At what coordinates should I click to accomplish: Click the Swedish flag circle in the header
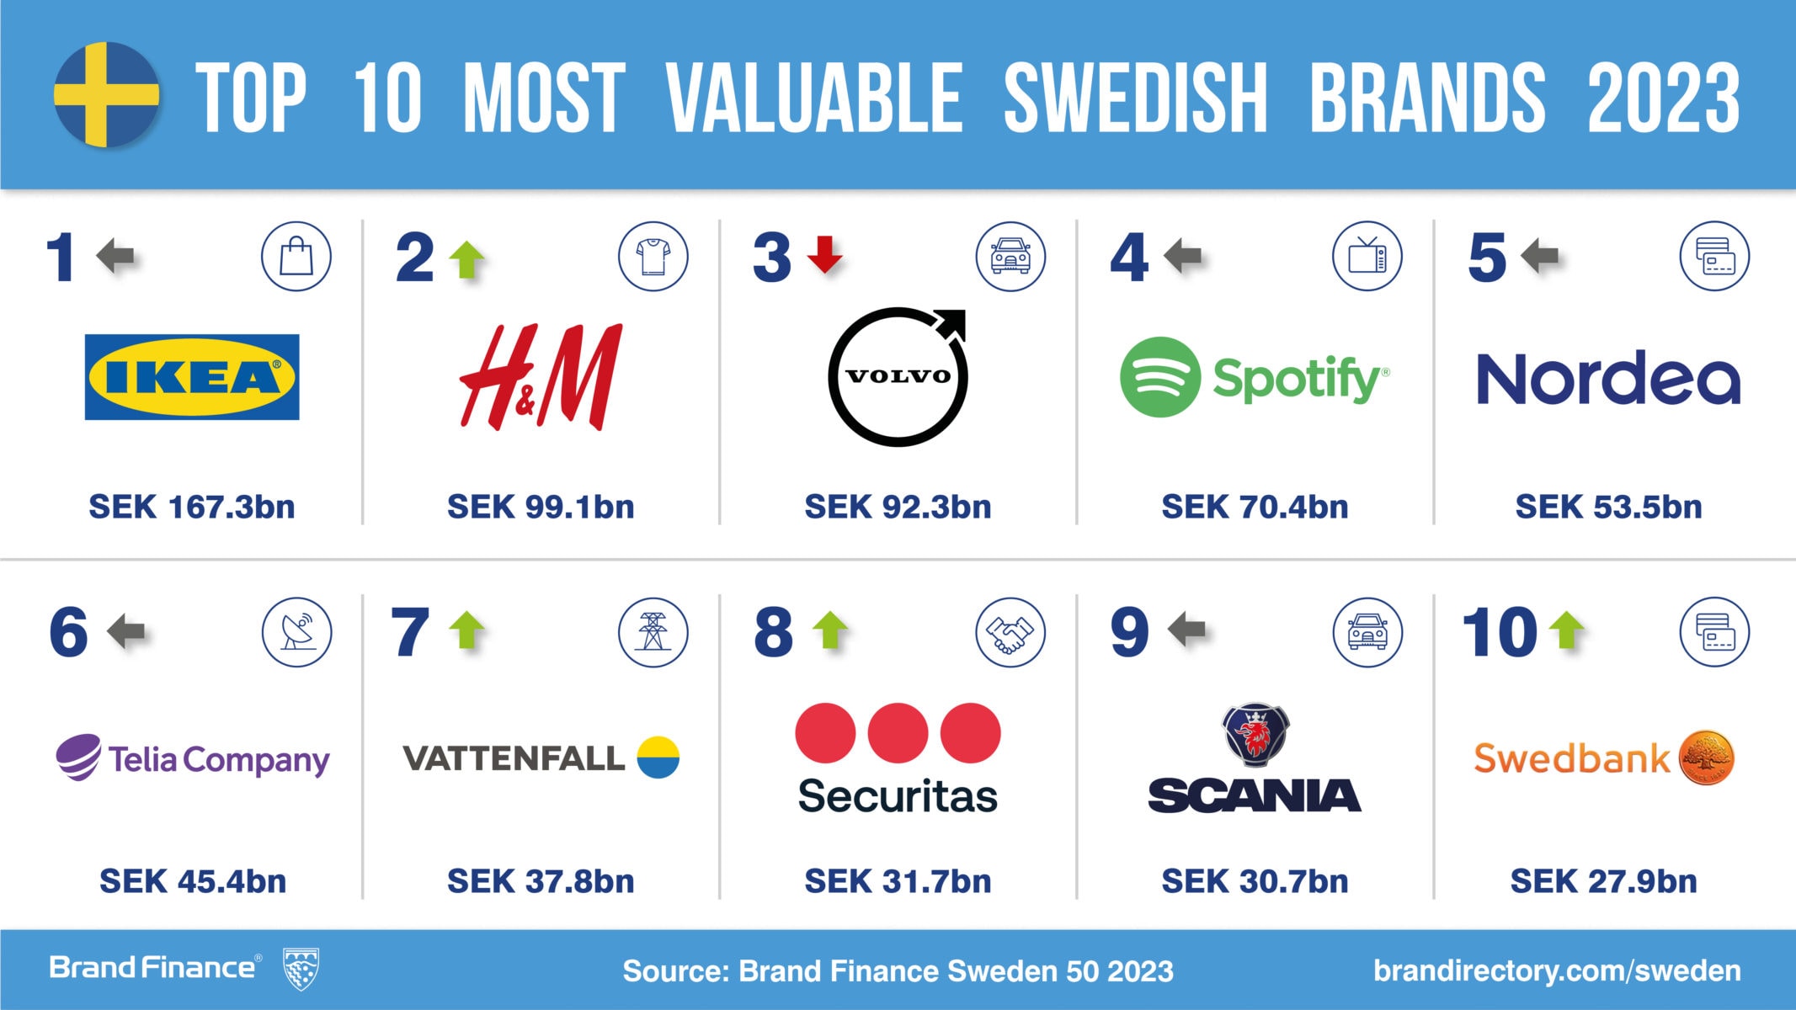click(106, 94)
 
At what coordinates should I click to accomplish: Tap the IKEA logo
click(192, 377)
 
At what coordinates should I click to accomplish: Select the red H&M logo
click(541, 376)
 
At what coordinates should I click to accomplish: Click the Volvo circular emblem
click(898, 377)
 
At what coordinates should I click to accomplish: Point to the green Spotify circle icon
click(1159, 377)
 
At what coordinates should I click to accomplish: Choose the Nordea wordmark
click(1608, 378)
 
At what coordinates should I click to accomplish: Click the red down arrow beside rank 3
click(824, 255)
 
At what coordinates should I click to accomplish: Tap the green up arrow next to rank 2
click(467, 258)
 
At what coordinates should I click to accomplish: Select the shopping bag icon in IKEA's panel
click(296, 257)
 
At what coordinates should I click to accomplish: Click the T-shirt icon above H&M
click(653, 257)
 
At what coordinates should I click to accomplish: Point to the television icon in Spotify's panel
click(1367, 257)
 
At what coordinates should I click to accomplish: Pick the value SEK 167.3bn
click(192, 507)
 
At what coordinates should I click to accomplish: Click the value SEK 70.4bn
click(1255, 507)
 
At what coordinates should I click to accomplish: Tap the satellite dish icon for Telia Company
click(296, 632)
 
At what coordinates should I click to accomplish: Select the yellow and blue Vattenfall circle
click(658, 757)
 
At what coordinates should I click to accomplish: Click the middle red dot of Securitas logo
click(898, 733)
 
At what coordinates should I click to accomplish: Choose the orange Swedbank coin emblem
click(1707, 757)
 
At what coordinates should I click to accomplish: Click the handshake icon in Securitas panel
click(1010, 632)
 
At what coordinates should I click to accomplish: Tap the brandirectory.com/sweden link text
click(1557, 970)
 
